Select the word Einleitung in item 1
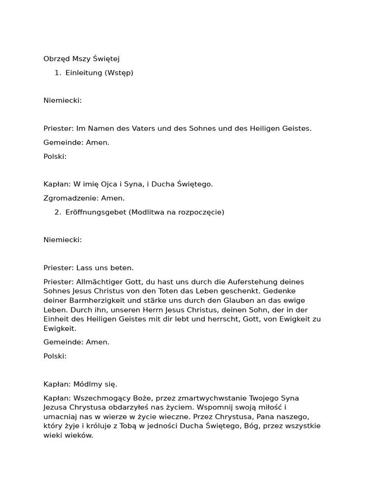point(84,73)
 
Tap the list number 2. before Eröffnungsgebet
point(58,212)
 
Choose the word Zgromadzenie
point(67,198)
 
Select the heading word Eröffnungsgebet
point(96,212)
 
